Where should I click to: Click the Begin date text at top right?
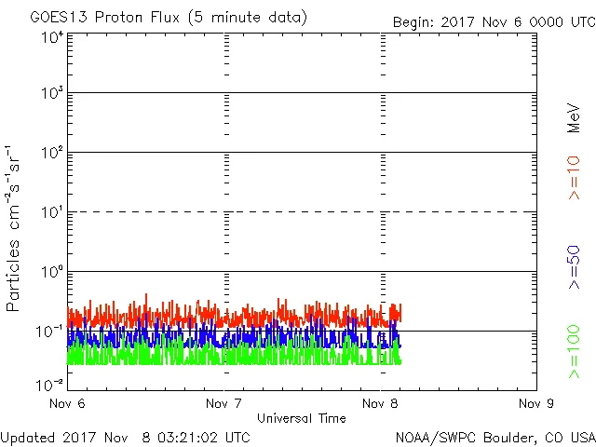click(494, 21)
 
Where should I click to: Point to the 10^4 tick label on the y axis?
click(52, 37)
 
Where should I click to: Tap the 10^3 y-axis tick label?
click(52, 94)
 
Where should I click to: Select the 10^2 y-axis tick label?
click(52, 153)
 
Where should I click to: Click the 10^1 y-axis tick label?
click(52, 212)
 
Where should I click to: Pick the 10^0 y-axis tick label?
click(52, 272)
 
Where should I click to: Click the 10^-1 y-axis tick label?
click(52, 332)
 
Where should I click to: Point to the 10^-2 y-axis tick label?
click(52, 384)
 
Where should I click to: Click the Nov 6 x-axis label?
click(67, 404)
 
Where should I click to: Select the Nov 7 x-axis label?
click(224, 404)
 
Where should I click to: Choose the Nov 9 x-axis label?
click(535, 404)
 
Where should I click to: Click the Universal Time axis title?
click(302, 418)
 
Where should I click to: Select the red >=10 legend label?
click(574, 178)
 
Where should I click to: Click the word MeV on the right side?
click(574, 115)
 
